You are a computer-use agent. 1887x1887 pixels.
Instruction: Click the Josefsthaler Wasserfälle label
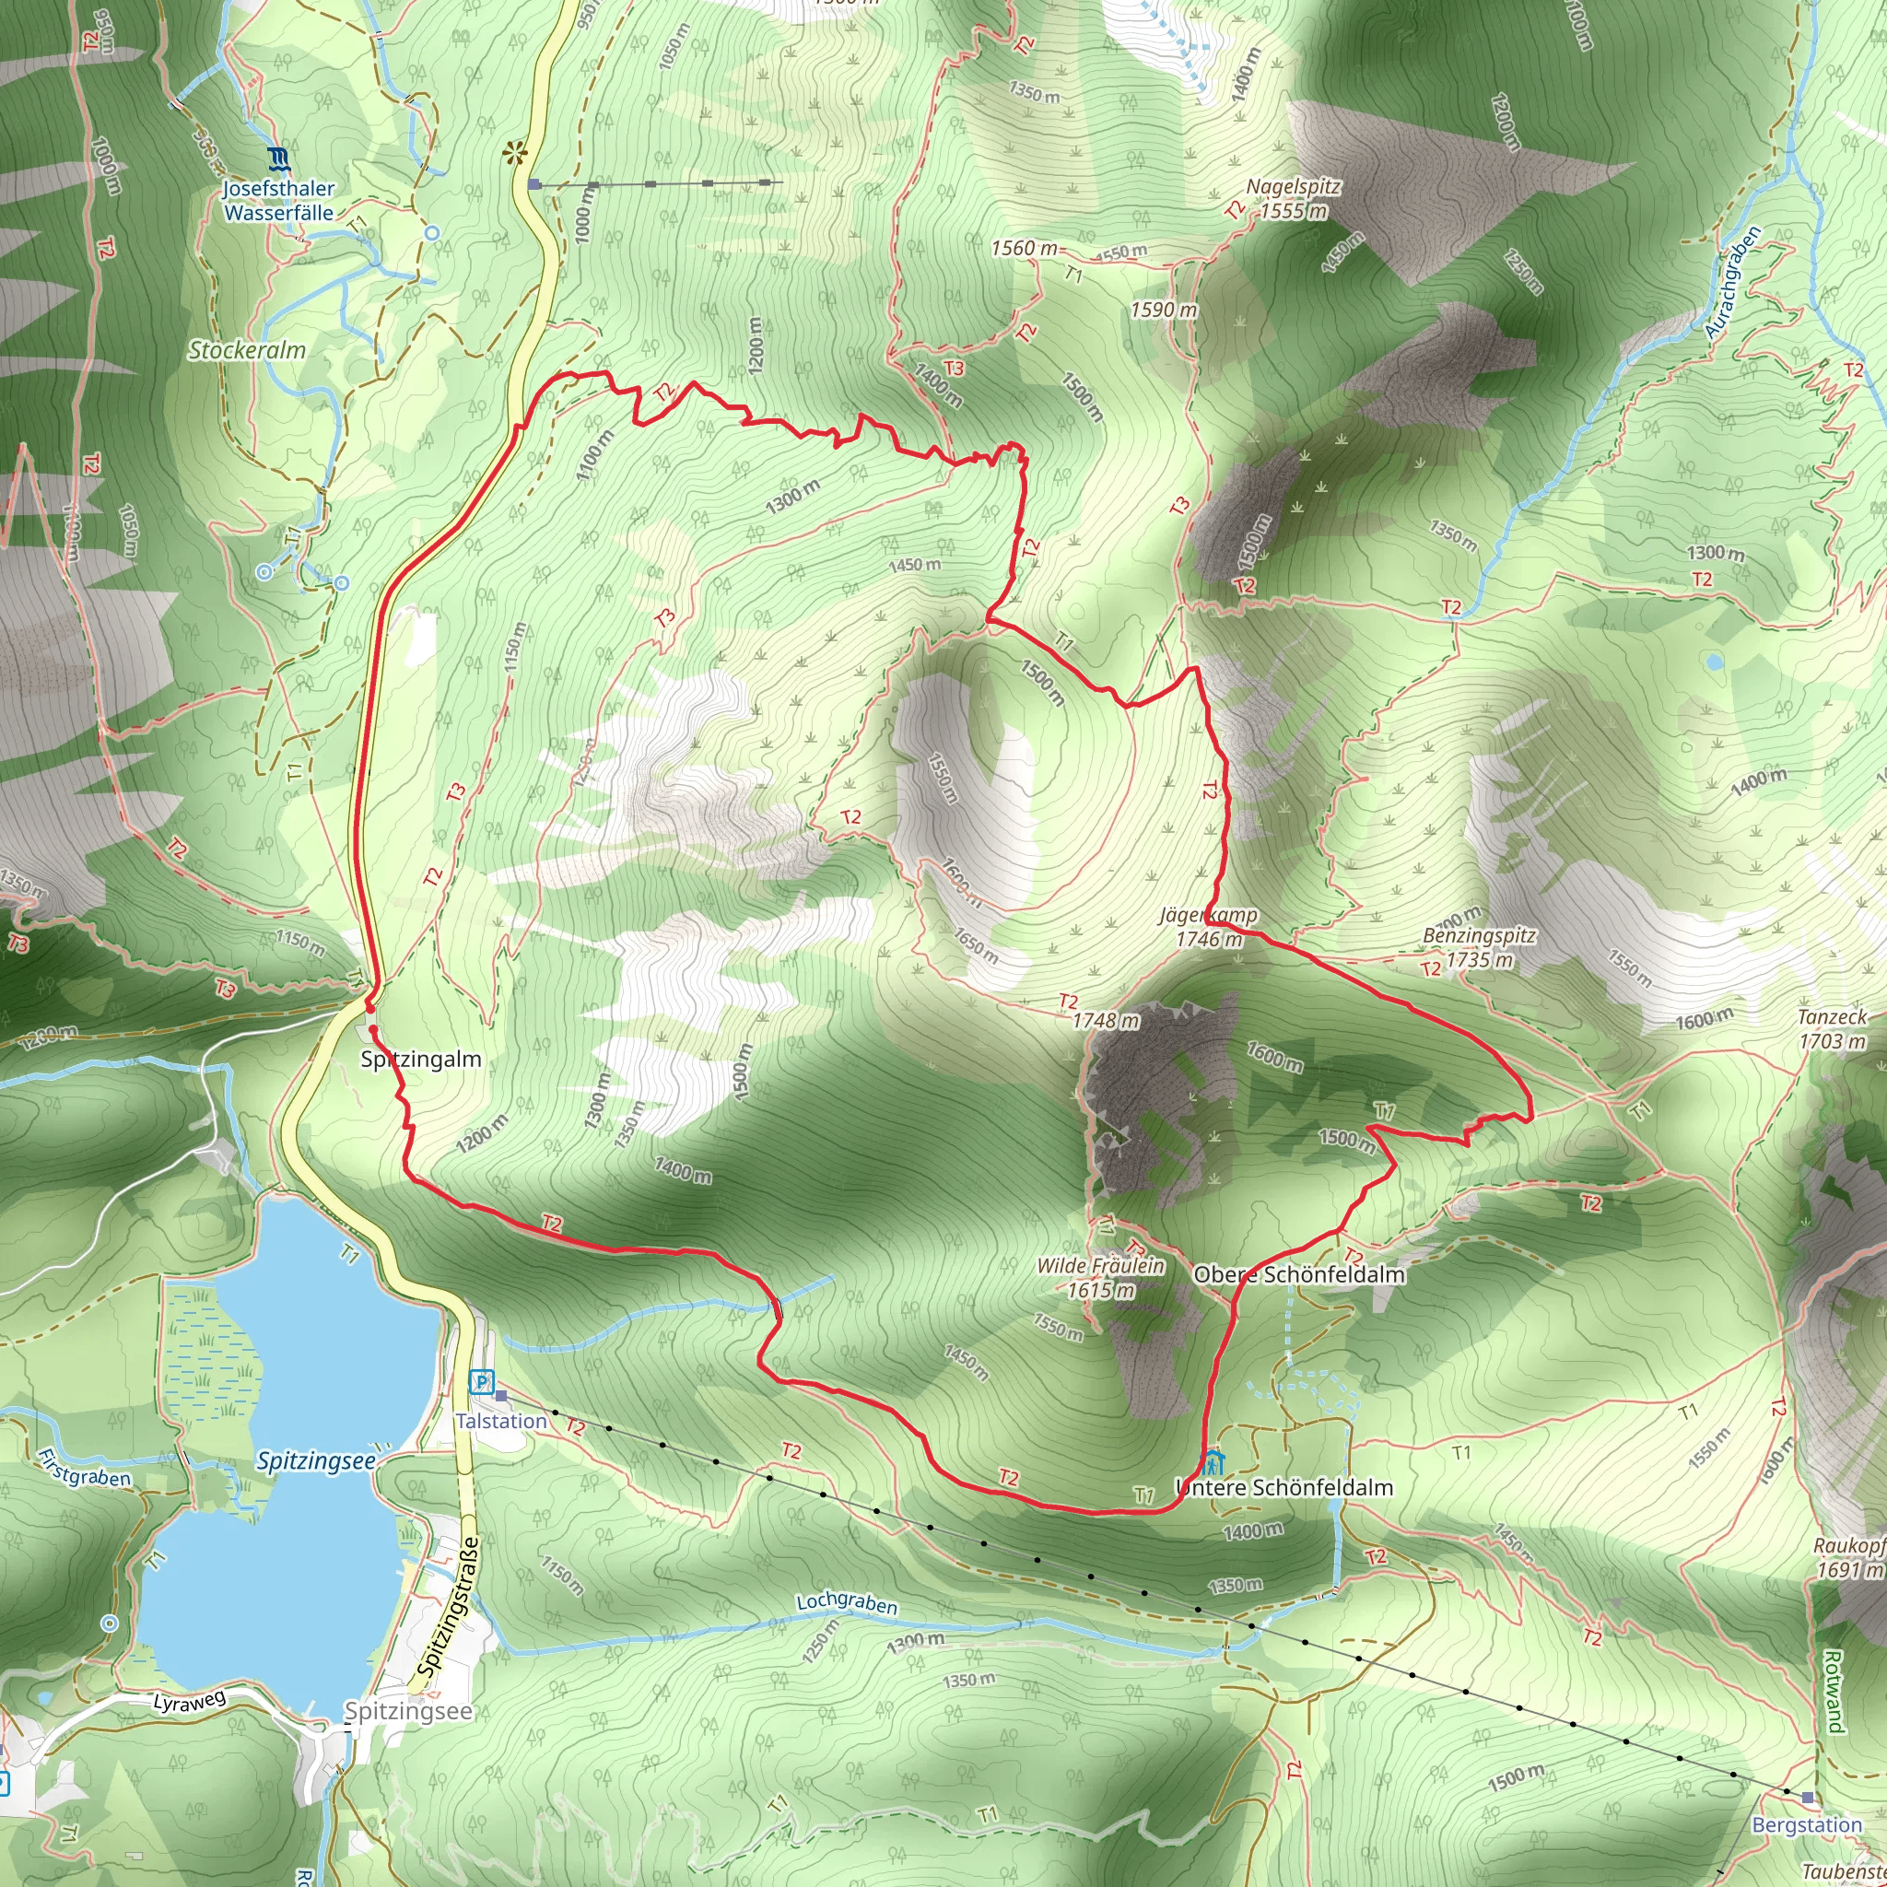click(278, 200)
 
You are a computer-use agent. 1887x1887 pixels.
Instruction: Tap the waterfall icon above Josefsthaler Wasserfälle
click(278, 158)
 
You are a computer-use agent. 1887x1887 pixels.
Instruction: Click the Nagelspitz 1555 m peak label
click(1293, 198)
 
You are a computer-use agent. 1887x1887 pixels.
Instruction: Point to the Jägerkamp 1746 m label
click(1209, 927)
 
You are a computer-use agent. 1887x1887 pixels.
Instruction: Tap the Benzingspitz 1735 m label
click(1479, 947)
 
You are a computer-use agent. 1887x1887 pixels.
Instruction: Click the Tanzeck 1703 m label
click(1833, 1028)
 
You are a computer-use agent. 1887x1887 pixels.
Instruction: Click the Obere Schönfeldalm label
click(1299, 1274)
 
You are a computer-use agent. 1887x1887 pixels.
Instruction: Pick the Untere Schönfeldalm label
click(1284, 1487)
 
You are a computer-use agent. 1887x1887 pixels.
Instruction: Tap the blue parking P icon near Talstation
click(482, 1382)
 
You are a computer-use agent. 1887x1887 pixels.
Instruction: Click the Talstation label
click(501, 1421)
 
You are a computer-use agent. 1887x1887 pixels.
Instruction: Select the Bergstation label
click(1807, 1825)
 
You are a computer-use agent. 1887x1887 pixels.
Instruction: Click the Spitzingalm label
click(421, 1059)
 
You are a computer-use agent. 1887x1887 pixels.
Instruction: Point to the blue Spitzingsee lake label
click(315, 1461)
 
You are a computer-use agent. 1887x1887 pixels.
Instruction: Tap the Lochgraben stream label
click(847, 1603)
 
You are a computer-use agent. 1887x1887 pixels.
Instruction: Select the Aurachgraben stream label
click(1733, 282)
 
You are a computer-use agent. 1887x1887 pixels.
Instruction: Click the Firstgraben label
click(84, 1466)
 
